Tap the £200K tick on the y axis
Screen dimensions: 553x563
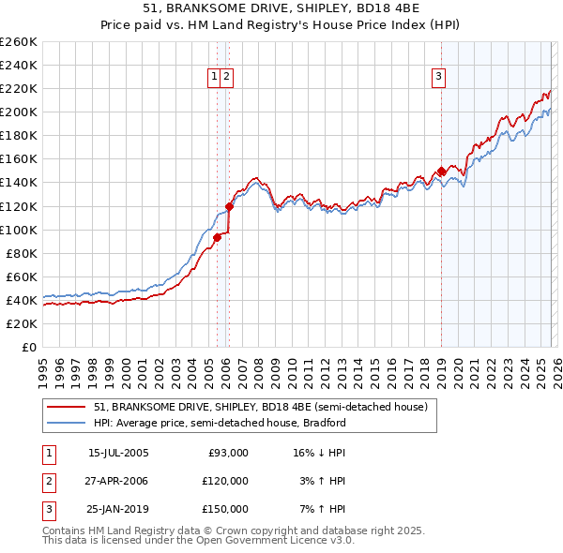(x=19, y=112)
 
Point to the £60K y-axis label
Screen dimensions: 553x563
(x=22, y=276)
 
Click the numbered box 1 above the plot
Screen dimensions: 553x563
(x=215, y=77)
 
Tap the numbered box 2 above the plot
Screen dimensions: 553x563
(x=227, y=77)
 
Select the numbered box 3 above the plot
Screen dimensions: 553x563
(x=438, y=77)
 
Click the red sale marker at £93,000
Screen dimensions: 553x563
(x=217, y=237)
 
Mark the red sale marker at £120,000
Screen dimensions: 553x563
(x=229, y=205)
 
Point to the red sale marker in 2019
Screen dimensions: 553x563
(x=441, y=171)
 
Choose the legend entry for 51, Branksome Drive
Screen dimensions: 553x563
(x=260, y=407)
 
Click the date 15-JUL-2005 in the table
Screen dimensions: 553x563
(x=117, y=453)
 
